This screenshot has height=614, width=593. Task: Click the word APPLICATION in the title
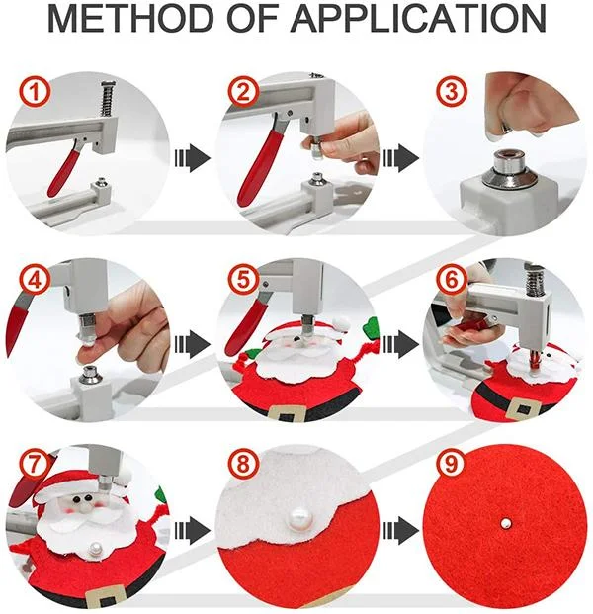[x=418, y=19]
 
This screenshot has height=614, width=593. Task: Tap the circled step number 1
[x=35, y=92]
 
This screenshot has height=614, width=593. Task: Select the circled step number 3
[x=451, y=92]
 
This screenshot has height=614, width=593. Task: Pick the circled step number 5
[x=243, y=279]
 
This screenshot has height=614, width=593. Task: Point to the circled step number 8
[x=243, y=465]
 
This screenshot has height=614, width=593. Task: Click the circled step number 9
[x=451, y=465]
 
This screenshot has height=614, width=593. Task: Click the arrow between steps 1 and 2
[x=192, y=158]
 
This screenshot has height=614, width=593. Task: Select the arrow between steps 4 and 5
[x=192, y=344]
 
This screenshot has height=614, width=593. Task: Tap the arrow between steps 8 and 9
[x=400, y=530]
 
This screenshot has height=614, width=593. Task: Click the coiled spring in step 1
[x=107, y=99]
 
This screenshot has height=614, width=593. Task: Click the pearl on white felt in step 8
[x=297, y=519]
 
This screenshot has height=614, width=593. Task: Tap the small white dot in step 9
[x=506, y=523]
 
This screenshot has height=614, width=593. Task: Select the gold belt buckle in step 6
[x=524, y=409]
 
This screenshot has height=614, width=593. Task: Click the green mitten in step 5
[x=371, y=327]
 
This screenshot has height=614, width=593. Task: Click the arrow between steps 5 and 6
[x=400, y=344]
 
